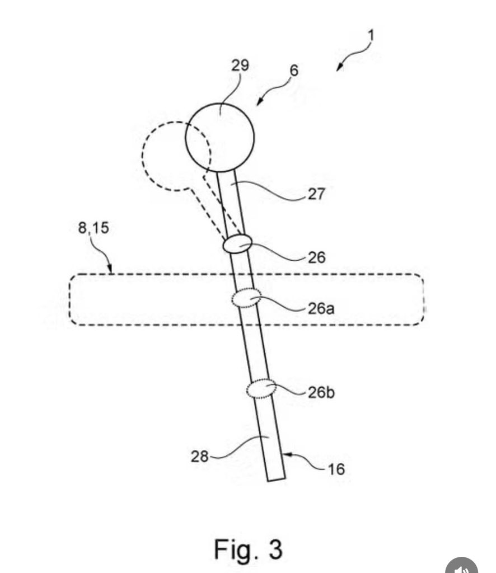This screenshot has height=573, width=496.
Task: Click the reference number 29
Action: (x=240, y=65)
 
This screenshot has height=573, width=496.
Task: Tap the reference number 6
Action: (x=294, y=71)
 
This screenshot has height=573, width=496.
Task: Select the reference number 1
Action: (x=371, y=35)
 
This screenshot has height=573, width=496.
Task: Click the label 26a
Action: (x=321, y=308)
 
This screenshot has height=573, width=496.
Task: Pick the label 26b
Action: (x=322, y=392)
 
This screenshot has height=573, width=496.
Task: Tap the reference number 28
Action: (x=200, y=457)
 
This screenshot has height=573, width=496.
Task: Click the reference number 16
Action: (x=336, y=469)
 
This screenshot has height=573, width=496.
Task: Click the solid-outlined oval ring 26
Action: (x=237, y=244)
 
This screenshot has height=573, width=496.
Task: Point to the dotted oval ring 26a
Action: (x=246, y=298)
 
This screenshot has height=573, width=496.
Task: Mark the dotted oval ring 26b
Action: (x=262, y=389)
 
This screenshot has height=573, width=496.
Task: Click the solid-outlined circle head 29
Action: (x=220, y=137)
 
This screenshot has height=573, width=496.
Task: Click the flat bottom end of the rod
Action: (x=275, y=479)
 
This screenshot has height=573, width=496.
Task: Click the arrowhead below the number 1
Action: (x=339, y=68)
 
